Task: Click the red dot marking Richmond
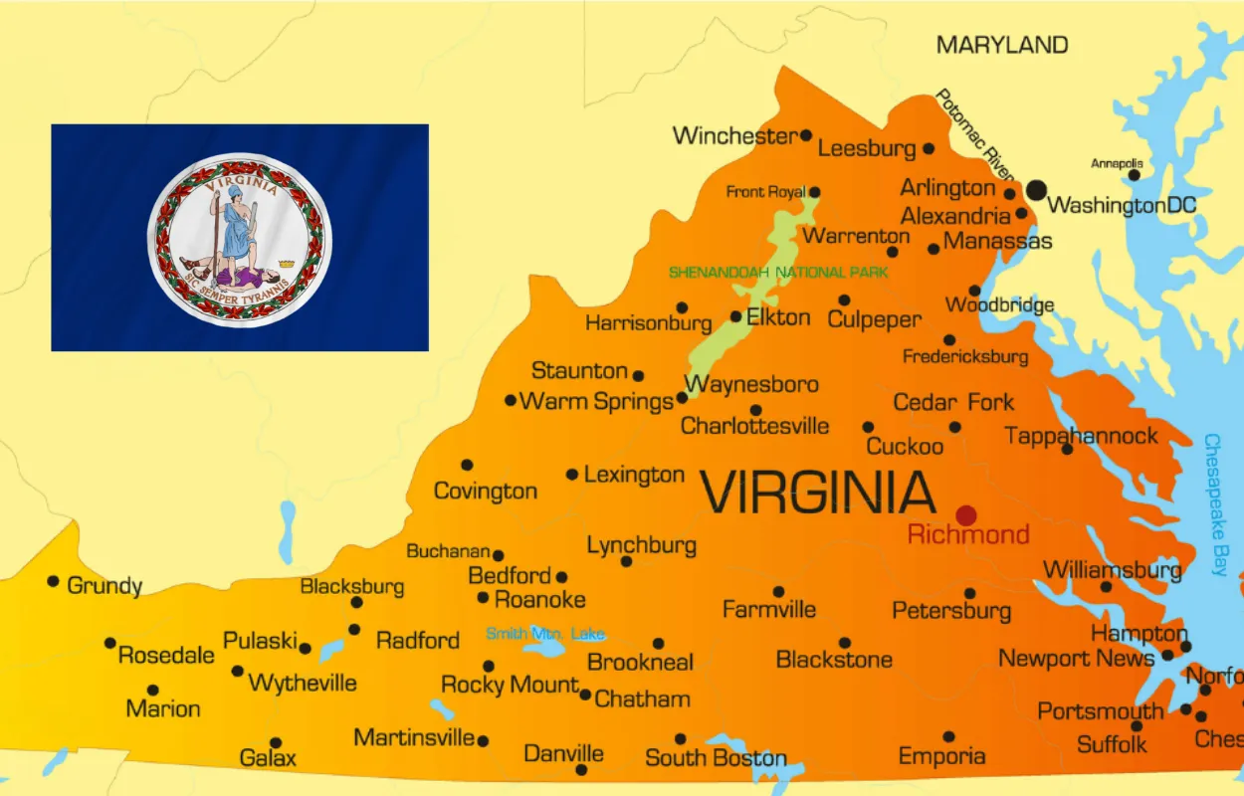965,515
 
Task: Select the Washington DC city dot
1037,189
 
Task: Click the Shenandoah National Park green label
778,273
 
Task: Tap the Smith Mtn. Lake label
544,634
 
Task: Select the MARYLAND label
1002,45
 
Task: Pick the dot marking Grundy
53,581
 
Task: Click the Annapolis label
1117,163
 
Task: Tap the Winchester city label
734,136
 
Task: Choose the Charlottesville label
754,426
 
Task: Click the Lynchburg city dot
626,561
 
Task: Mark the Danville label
563,753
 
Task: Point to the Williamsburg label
1112,570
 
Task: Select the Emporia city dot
948,737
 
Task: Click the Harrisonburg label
648,323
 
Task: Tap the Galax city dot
276,742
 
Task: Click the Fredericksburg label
964,356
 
